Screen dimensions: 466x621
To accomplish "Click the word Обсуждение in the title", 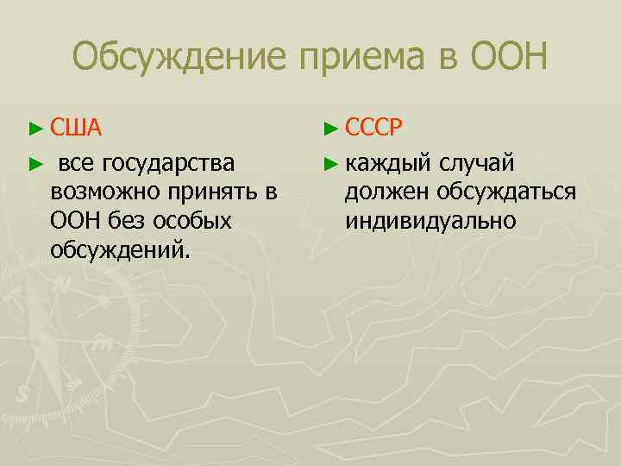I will click(180, 58).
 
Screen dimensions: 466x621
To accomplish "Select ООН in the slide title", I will click(509, 58).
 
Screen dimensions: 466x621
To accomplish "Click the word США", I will click(77, 129).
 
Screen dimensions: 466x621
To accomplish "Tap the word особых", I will click(196, 221).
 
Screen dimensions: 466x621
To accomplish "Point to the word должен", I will click(388, 191).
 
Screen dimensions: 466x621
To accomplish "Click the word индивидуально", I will click(430, 221).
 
